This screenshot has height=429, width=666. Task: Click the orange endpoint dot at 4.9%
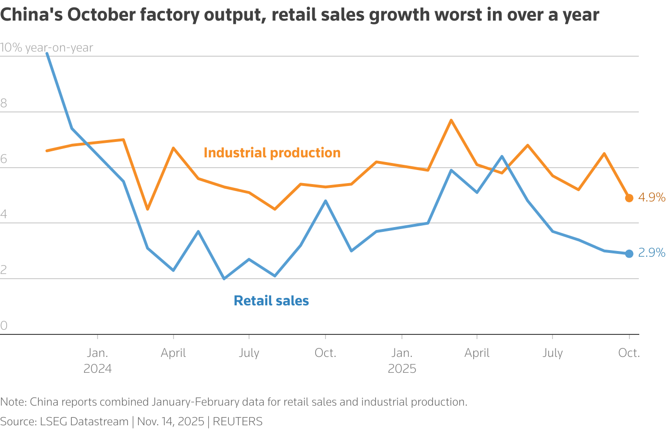[629, 198]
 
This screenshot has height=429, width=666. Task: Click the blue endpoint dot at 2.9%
[629, 254]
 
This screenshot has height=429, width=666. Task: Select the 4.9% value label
[651, 198]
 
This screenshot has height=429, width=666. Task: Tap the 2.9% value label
[651, 253]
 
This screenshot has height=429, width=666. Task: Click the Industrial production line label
[272, 153]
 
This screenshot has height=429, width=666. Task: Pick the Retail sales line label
[271, 301]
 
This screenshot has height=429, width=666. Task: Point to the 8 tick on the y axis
[4, 104]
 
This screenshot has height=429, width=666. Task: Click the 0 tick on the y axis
[4, 325]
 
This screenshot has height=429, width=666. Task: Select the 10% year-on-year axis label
[46, 48]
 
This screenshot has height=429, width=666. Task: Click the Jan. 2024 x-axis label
[98, 360]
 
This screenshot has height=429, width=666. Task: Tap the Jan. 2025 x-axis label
[402, 360]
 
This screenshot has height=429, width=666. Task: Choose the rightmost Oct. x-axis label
[629, 353]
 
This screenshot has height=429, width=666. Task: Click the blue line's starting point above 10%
[47, 53]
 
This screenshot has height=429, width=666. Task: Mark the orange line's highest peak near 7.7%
[451, 120]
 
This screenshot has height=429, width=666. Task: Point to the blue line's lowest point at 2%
[224, 279]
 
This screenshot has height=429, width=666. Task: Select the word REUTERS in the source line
[237, 422]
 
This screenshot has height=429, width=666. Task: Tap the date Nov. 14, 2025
[171, 422]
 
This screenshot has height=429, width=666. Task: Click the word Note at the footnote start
[13, 402]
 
